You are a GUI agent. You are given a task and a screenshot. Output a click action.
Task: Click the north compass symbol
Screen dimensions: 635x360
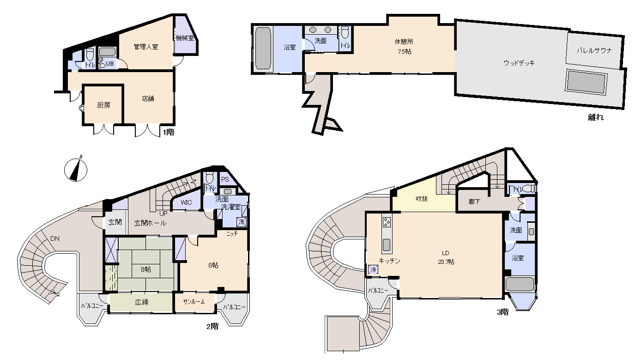click(76, 170)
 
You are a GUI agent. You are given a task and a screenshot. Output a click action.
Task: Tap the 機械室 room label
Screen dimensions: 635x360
click(185, 38)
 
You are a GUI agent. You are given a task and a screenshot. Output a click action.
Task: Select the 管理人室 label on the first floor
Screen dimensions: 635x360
click(146, 47)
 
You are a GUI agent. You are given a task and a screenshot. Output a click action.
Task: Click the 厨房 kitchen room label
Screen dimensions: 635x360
click(103, 105)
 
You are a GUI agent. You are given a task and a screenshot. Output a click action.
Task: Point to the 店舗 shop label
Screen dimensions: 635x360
click(148, 98)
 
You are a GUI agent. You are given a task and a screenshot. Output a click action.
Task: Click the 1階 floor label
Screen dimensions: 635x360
click(169, 132)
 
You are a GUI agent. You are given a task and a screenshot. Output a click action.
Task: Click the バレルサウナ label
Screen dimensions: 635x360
click(594, 50)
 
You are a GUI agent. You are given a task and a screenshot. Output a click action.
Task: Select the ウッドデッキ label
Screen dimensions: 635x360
click(519, 63)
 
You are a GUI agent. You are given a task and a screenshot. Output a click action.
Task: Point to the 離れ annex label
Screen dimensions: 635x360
click(596, 117)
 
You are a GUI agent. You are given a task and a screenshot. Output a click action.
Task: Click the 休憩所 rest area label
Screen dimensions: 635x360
click(404, 42)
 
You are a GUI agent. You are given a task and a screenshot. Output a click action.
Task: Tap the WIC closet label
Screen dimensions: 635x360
click(186, 202)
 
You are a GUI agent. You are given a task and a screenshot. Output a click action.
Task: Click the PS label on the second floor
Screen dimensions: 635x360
click(225, 179)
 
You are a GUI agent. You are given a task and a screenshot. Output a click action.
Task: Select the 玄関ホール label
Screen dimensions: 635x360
click(150, 223)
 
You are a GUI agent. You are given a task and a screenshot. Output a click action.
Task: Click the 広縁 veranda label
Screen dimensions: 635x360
click(142, 302)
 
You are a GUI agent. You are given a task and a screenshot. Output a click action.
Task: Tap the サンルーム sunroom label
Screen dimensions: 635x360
click(194, 302)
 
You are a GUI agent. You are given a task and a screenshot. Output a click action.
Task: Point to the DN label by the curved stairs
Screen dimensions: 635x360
click(55, 238)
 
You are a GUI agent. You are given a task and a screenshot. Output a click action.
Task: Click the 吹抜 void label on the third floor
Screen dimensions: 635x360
click(422, 199)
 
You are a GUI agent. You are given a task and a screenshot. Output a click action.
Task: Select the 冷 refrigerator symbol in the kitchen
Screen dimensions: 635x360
click(373, 269)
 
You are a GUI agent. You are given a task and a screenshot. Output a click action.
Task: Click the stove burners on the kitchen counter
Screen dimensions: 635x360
click(387, 222)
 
